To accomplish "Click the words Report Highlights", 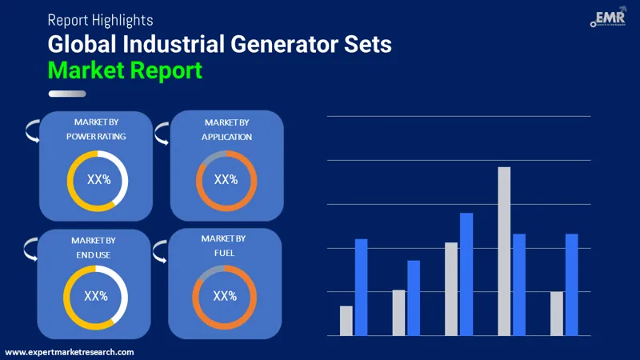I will (100, 19).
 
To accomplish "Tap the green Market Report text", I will (125, 70).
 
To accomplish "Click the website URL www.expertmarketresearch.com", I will (70, 352).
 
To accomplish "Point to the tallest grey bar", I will (504, 251).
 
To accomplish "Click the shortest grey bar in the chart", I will (346, 321).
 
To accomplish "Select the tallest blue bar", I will (466, 274).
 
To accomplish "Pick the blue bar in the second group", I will (414, 298).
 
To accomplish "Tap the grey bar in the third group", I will (451, 289).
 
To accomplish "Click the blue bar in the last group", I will (571, 285).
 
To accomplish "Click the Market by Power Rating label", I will (96, 129).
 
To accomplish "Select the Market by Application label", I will (226, 130).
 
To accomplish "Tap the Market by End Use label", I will (93, 247).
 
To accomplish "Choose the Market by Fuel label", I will (223, 246).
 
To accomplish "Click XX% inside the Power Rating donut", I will (98, 180).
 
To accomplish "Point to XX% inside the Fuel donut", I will (225, 296).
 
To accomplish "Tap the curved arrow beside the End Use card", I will (30, 249).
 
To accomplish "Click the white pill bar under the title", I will (67, 94).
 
